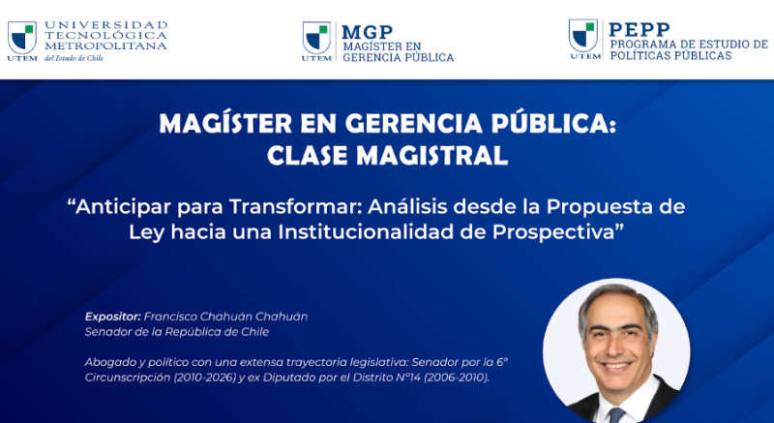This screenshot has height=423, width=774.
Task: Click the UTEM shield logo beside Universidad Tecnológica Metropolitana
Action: click(22, 38)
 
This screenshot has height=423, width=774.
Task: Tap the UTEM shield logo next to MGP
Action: click(316, 38)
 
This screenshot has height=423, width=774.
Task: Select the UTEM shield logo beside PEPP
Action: click(583, 36)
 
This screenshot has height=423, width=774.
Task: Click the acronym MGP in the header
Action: click(367, 32)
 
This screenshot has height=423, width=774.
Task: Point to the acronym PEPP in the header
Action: click(640, 30)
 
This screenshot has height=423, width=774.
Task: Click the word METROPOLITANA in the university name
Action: click(105, 45)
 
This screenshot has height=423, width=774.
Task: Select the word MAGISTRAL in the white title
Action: click(432, 156)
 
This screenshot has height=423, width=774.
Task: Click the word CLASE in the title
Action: click(309, 156)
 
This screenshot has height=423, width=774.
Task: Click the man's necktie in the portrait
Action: click(616, 415)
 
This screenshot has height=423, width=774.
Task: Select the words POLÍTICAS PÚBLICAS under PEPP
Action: click(670, 56)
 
